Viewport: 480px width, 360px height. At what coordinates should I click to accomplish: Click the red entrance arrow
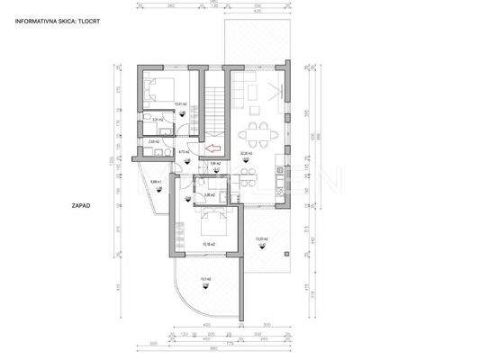point(213,148)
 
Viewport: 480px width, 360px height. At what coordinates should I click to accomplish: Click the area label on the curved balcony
point(205,280)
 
